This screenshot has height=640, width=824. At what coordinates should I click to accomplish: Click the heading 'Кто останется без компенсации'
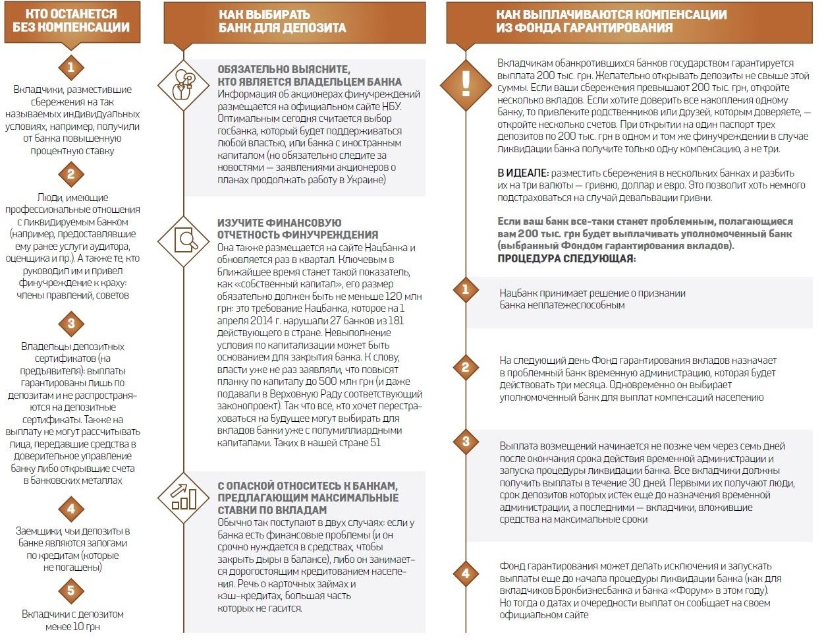[71, 21]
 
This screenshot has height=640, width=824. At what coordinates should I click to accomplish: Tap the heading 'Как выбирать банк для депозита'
[283, 21]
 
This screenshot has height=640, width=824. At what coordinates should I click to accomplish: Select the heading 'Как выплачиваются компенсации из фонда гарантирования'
[611, 21]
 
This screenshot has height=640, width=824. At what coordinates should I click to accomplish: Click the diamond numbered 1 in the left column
[71, 67]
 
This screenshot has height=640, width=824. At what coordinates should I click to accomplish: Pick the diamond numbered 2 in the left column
[71, 174]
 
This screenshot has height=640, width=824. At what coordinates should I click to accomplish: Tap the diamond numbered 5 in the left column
[71, 590]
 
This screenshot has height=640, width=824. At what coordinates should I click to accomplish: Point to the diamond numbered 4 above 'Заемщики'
[71, 509]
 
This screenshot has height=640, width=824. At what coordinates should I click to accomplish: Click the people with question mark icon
[184, 84]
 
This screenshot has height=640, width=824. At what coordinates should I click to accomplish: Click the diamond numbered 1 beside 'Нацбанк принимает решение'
[466, 289]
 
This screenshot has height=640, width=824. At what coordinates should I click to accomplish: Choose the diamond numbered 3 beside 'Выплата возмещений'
[466, 442]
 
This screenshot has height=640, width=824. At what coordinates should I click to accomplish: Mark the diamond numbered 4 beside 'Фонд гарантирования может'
[466, 573]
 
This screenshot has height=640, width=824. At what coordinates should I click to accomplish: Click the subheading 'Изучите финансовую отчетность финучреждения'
[298, 229]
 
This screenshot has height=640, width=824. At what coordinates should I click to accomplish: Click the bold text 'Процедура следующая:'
[566, 258]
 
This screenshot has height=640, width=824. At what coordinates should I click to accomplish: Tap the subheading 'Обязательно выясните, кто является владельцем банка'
[309, 76]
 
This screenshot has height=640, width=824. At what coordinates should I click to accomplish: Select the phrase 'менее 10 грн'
[72, 627]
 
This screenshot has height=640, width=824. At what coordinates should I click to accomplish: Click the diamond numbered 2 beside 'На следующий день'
[466, 367]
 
